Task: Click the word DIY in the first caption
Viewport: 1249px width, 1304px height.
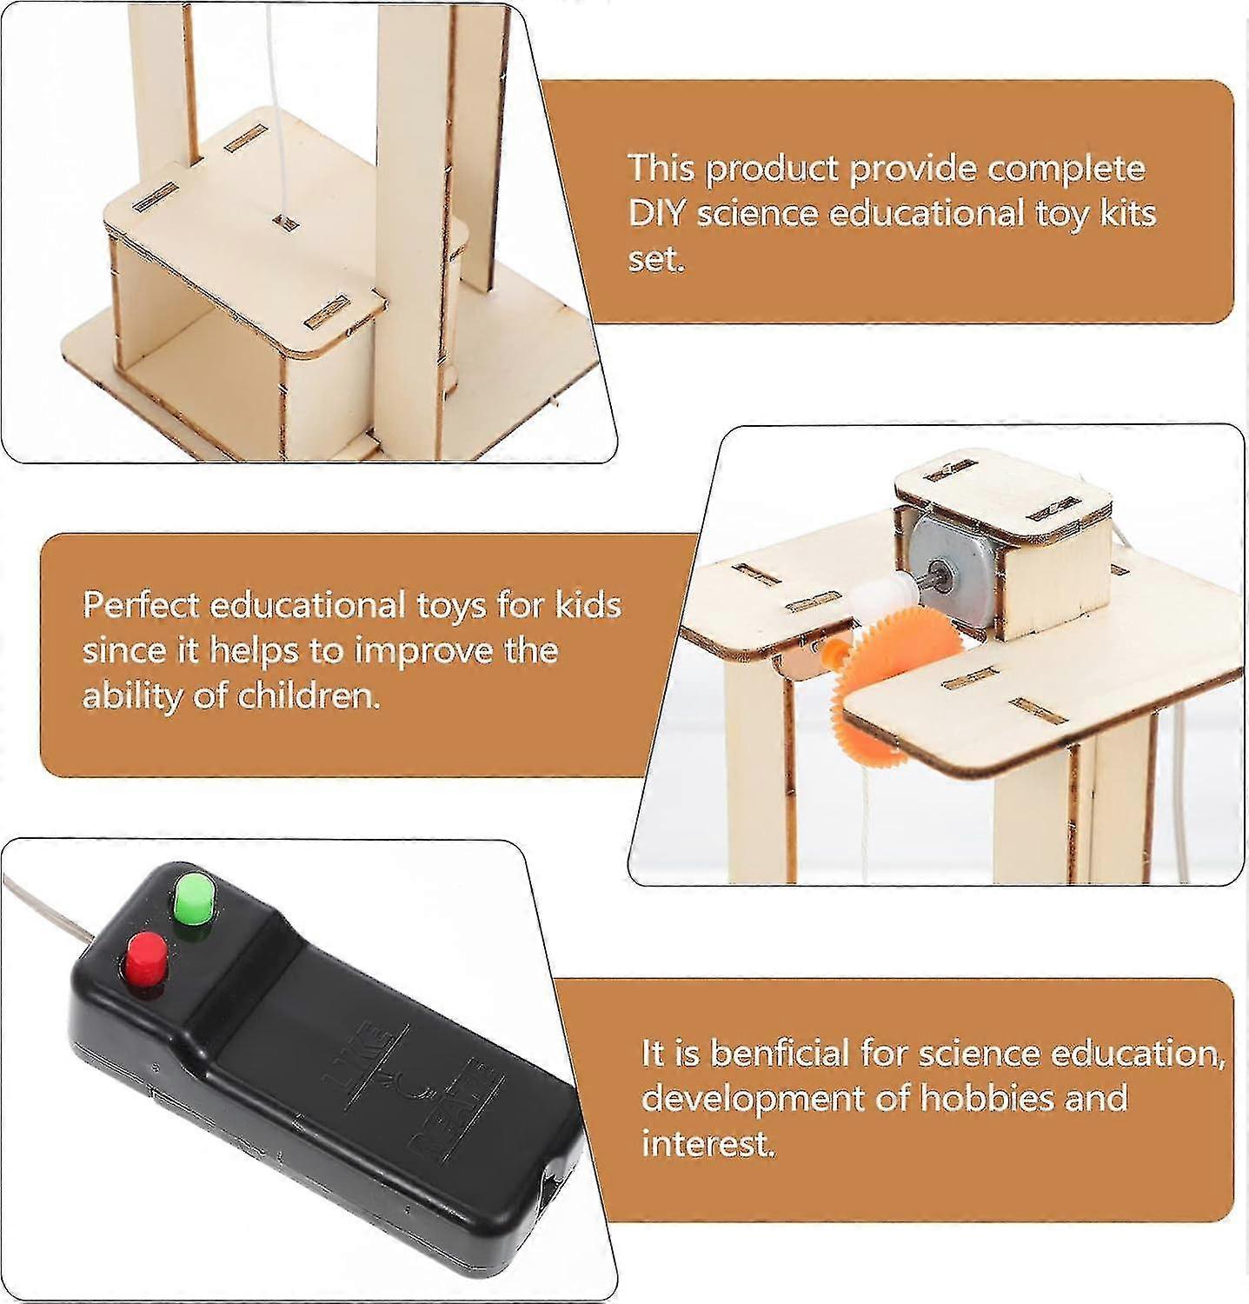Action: [655, 213]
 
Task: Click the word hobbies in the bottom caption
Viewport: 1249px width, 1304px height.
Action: [986, 1099]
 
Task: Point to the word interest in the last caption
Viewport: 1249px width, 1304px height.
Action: [707, 1144]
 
